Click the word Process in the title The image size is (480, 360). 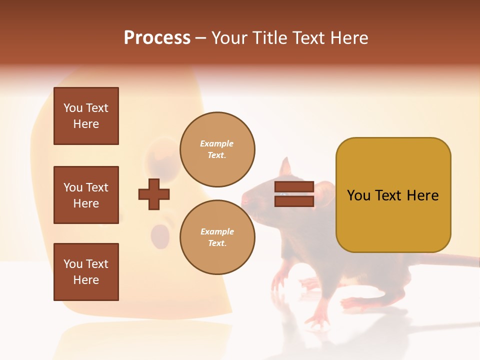(x=157, y=38)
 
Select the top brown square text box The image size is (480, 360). (x=86, y=116)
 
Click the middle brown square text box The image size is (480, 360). (x=86, y=195)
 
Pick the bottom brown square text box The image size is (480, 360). (x=86, y=272)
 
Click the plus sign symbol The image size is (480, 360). (x=154, y=194)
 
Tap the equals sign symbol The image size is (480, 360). (x=294, y=194)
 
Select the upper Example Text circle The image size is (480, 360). (x=217, y=149)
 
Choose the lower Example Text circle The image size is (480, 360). (x=217, y=237)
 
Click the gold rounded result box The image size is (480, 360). (x=393, y=195)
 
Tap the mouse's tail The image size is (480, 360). (x=450, y=260)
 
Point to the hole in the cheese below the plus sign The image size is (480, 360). (x=160, y=233)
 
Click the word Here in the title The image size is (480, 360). (x=349, y=38)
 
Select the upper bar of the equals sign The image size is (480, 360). (x=294, y=187)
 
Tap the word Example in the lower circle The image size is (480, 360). (x=217, y=231)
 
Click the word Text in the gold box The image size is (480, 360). (x=393, y=195)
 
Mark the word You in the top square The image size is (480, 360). (x=72, y=108)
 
